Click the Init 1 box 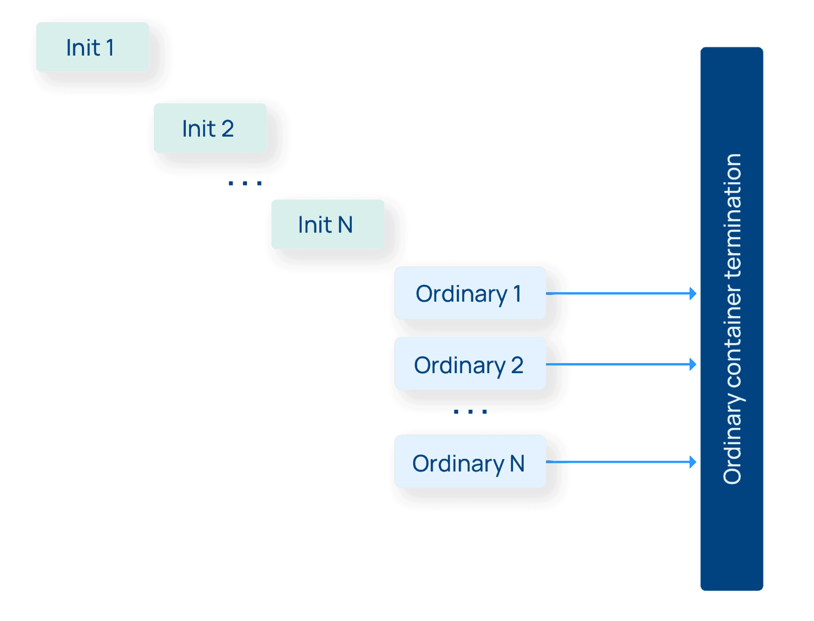tap(92, 47)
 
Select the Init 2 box tap(210, 128)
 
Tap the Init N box tap(327, 224)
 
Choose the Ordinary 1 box tap(470, 293)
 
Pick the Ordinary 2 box tap(470, 364)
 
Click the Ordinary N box tap(470, 462)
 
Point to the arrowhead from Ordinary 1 tap(692, 294)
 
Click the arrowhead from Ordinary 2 tap(692, 364)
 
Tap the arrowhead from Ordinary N tap(692, 462)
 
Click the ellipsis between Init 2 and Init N tap(245, 183)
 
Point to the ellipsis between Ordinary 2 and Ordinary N tap(470, 412)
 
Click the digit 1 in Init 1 tap(110, 47)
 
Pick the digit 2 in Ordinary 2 tap(517, 365)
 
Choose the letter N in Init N tap(345, 225)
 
